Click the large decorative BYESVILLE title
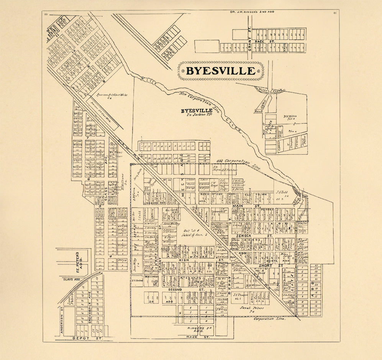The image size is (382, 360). click(220, 71)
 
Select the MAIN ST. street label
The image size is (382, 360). click(241, 206)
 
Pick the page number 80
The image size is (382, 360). click(46, 14)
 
